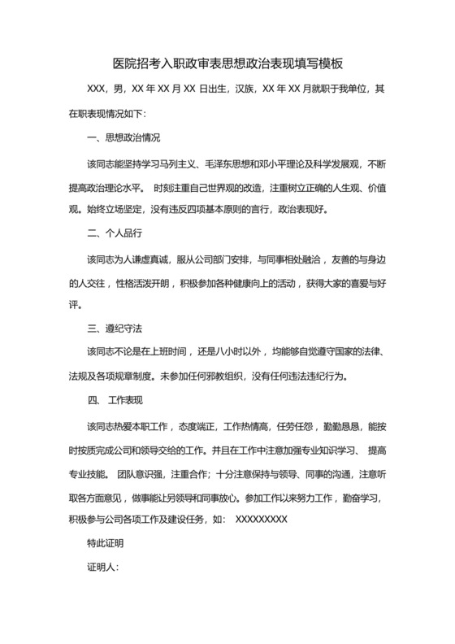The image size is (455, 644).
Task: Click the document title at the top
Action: (227, 63)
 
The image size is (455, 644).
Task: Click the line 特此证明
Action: (106, 540)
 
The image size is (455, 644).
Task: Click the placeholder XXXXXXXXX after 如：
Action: (261, 518)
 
